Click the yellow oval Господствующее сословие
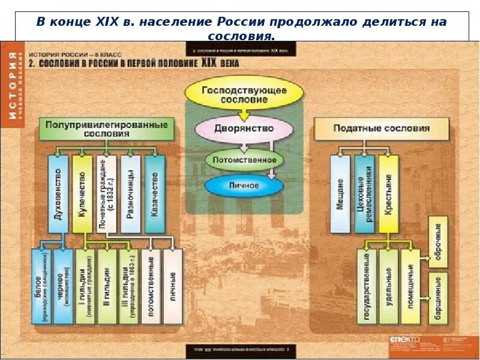244,94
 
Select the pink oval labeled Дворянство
244,128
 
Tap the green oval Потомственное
244,160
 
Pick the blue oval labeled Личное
244,185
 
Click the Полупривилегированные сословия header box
107,129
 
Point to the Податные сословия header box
382,128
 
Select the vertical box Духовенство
58,194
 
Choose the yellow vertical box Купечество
82,194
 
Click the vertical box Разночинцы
130,194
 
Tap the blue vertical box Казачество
154,194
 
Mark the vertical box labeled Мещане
340,194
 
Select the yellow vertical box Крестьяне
388,194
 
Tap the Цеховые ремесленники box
364,194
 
